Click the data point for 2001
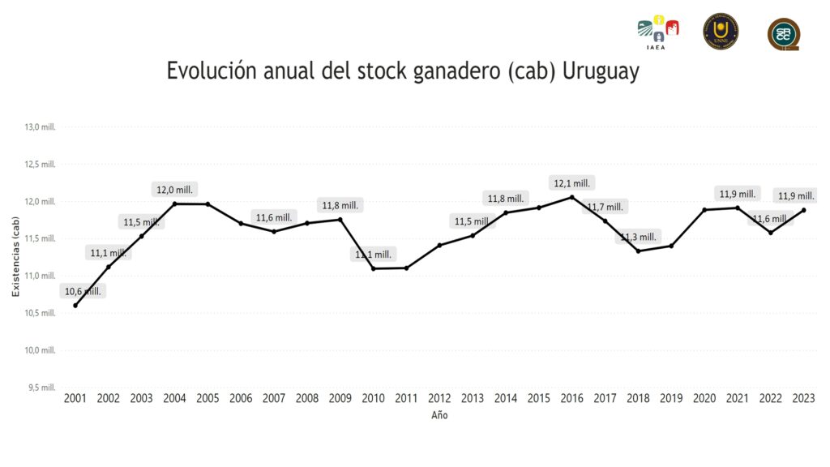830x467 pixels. click(75, 306)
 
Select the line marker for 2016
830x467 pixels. click(571, 197)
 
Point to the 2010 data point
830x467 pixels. click(373, 268)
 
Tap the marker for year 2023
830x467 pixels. click(803, 210)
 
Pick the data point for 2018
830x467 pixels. click(638, 251)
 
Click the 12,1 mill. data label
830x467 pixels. click(571, 183)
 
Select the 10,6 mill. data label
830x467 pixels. click(83, 291)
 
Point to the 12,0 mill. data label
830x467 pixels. click(175, 190)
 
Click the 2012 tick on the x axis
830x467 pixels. click(439, 399)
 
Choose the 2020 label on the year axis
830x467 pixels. click(704, 399)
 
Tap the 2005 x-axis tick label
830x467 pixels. click(207, 399)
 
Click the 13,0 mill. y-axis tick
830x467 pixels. click(40, 127)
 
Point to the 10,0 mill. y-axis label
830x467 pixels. click(40, 350)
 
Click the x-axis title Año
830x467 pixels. click(439, 415)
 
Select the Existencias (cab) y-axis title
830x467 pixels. click(15, 258)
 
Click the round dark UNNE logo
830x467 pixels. click(720, 31)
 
